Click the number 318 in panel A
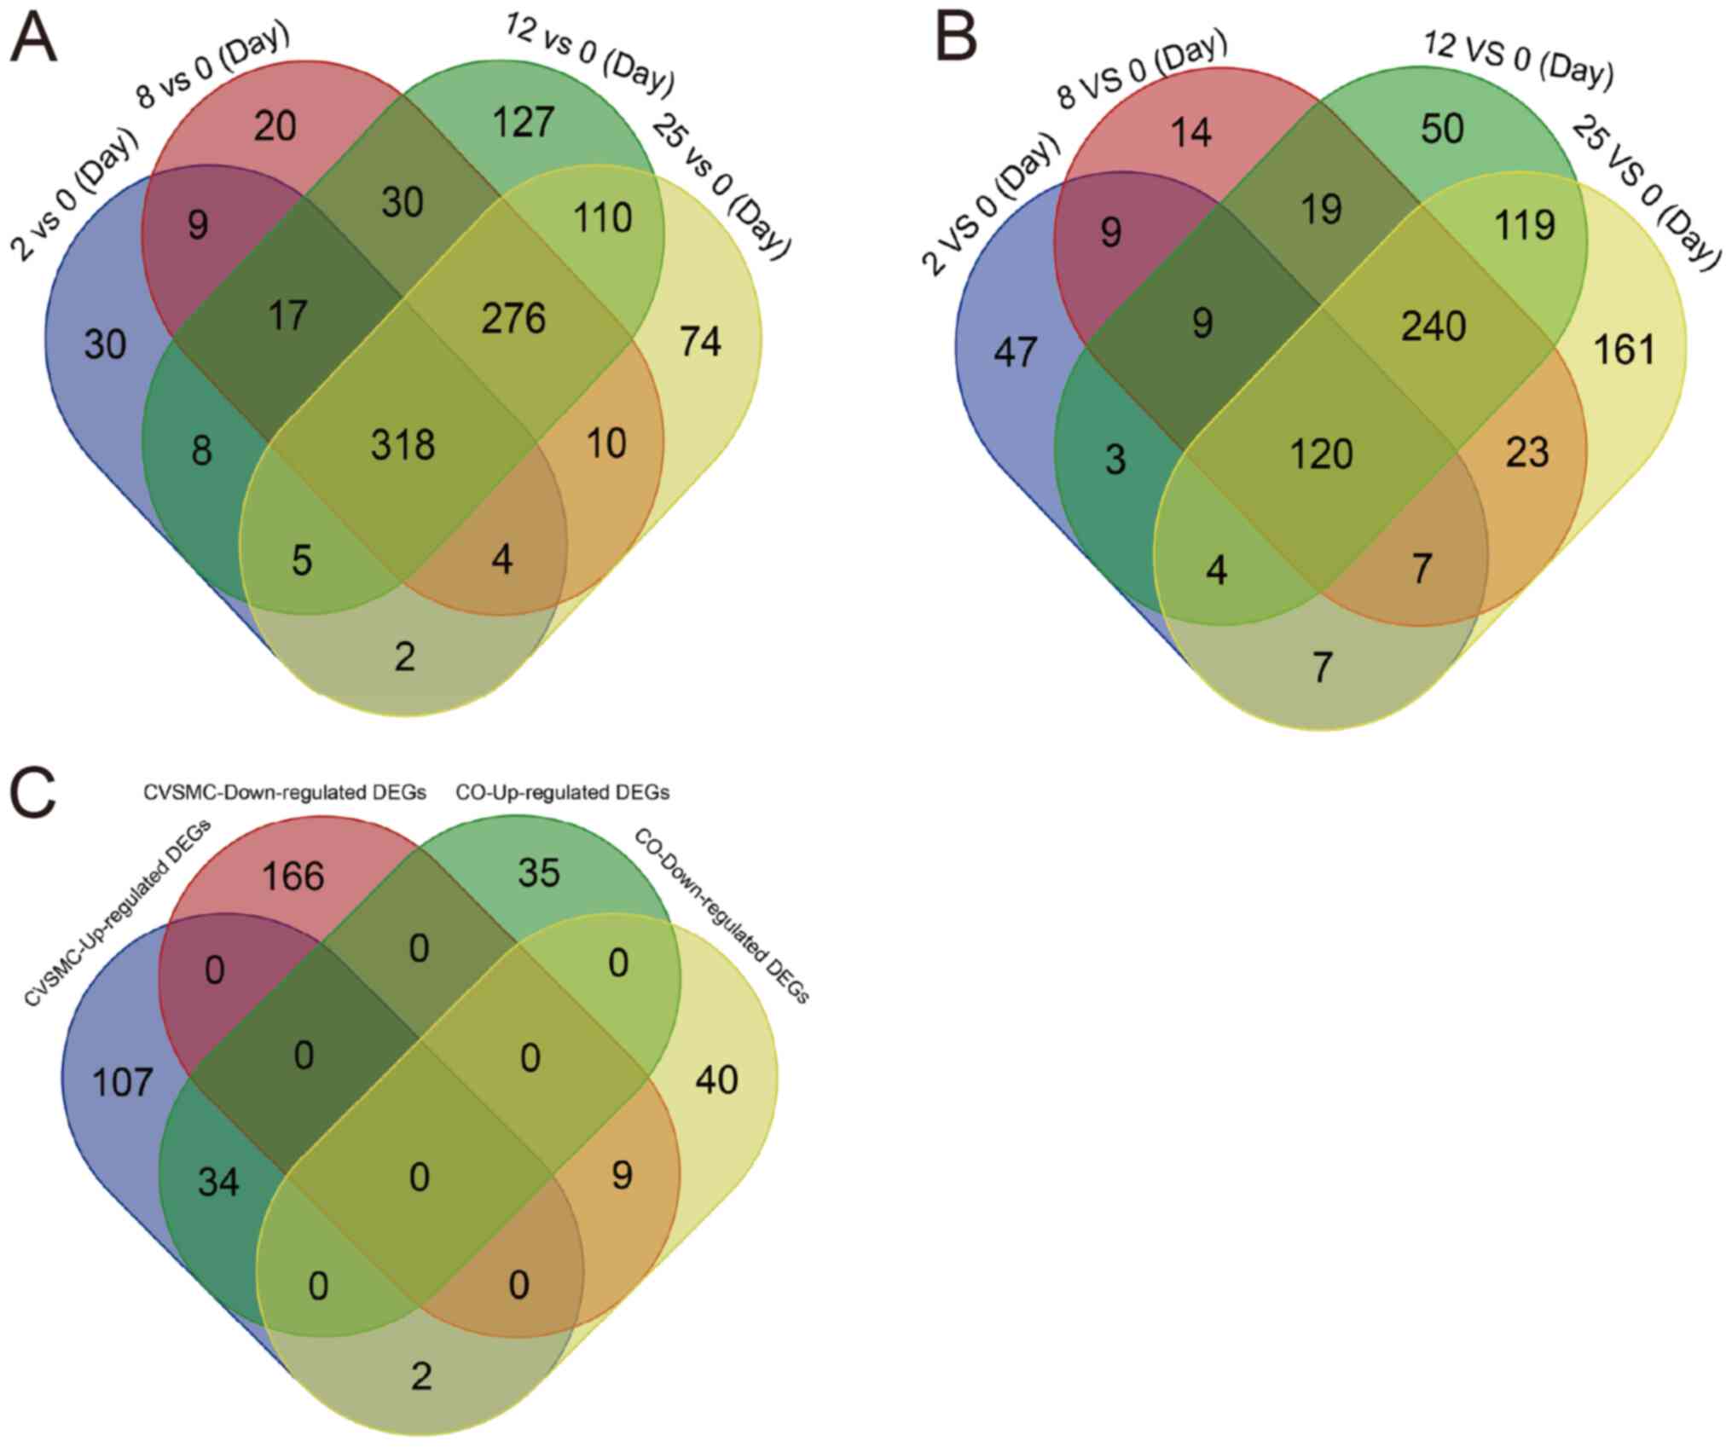click(403, 445)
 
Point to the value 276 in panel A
click(513, 319)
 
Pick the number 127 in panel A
click(524, 122)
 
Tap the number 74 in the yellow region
click(700, 342)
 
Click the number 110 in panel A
click(602, 218)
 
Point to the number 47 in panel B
click(1015, 352)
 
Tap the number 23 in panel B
click(1526, 453)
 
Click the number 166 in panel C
click(293, 876)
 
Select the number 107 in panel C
click(123, 1083)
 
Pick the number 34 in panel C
click(218, 1183)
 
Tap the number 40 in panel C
click(716, 1080)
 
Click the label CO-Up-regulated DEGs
click(563, 793)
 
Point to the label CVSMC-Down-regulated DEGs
click(285, 793)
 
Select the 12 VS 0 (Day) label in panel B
click(1518, 61)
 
